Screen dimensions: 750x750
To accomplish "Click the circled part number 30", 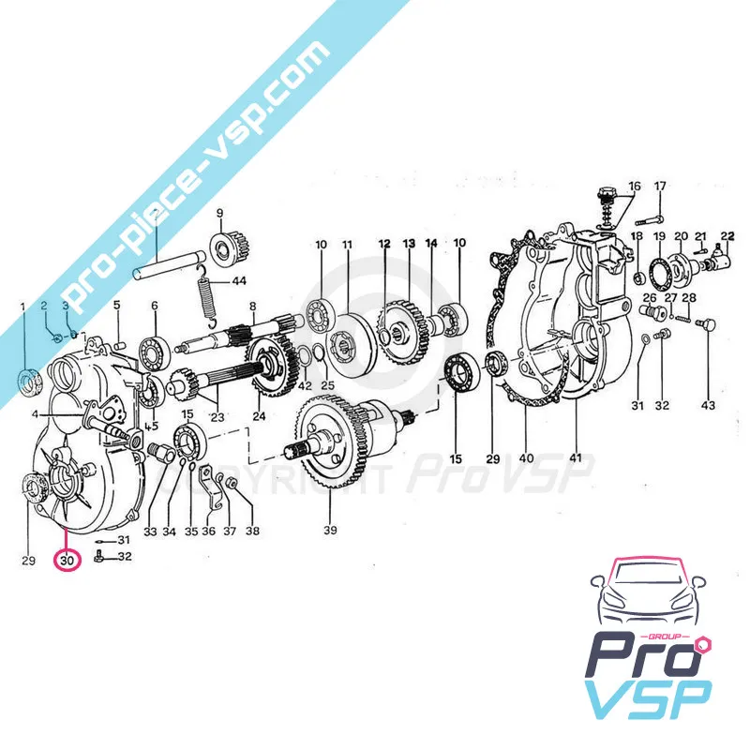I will (66, 561).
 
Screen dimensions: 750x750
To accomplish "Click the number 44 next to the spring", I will (239, 281).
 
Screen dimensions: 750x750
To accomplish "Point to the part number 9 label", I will (220, 213).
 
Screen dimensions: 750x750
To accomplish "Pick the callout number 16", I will (635, 186).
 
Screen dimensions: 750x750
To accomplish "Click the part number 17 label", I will (660, 185).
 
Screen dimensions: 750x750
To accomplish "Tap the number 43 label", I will (708, 405).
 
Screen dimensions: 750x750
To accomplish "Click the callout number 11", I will (347, 245).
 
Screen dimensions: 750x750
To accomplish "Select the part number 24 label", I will (260, 417).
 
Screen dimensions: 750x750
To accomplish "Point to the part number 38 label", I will (252, 532).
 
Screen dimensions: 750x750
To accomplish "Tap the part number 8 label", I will (252, 306).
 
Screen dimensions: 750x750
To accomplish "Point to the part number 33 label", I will (151, 532).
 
